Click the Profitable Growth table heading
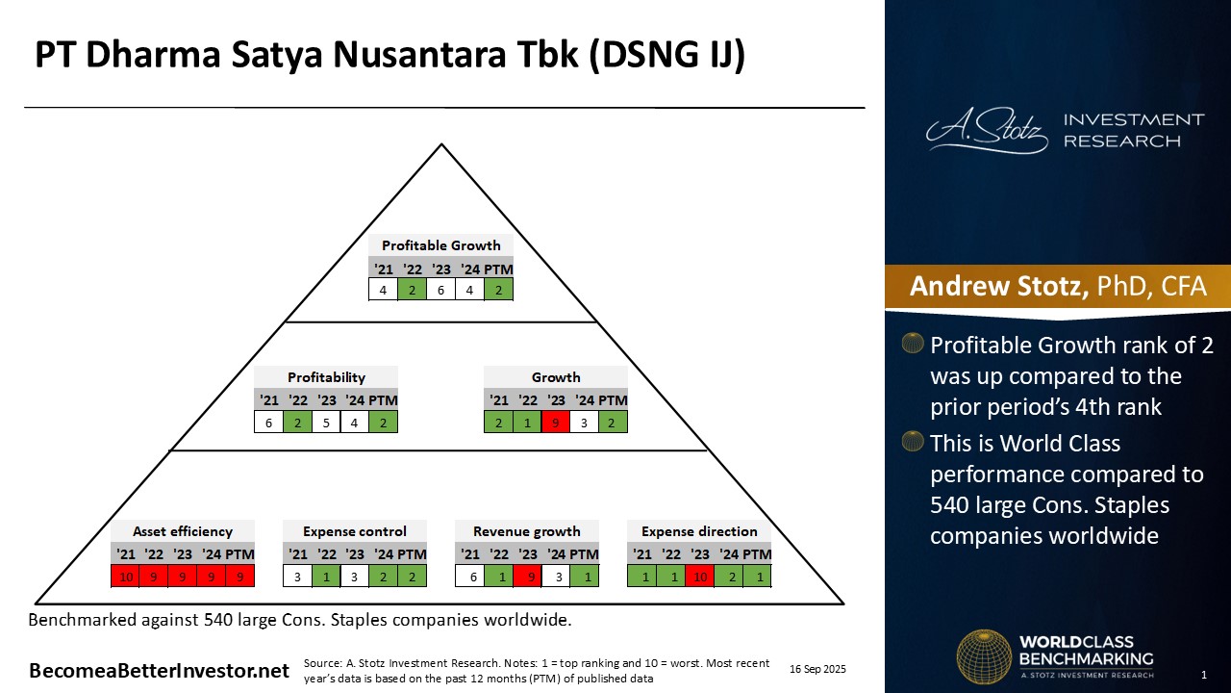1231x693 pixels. (440, 245)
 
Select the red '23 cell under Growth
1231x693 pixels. (556, 422)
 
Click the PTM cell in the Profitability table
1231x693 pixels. (383, 422)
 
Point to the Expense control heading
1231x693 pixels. (354, 531)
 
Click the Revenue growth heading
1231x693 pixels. (526, 531)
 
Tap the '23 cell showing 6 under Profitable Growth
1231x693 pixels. (440, 289)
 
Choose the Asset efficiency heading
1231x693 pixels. (182, 531)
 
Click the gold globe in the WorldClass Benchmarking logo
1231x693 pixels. (983, 656)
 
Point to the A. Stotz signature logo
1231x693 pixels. (986, 132)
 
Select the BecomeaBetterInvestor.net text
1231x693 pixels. (159, 671)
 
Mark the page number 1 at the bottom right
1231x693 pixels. (1204, 675)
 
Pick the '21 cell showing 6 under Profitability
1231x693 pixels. (268, 422)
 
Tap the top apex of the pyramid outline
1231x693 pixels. (441, 145)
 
